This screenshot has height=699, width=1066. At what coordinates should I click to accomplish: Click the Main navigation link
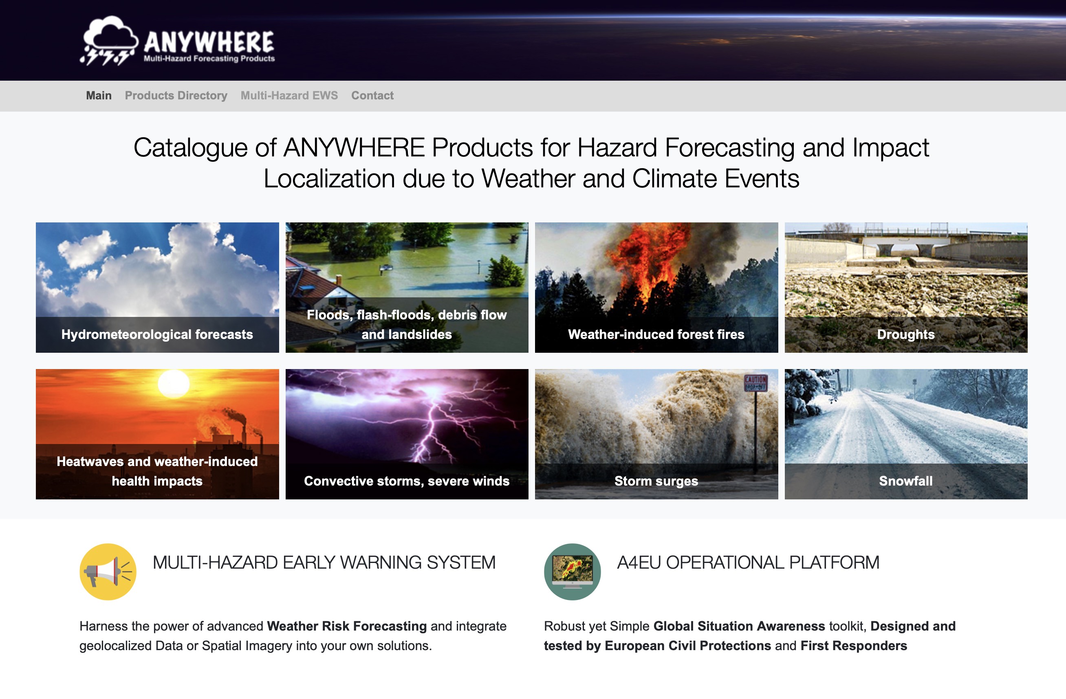pyautogui.click(x=99, y=95)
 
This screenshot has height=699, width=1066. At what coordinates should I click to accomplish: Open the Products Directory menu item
pyautogui.click(x=176, y=95)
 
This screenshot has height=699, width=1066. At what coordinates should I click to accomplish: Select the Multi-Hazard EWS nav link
pyautogui.click(x=289, y=95)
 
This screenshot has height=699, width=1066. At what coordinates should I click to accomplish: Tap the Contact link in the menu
pyautogui.click(x=372, y=95)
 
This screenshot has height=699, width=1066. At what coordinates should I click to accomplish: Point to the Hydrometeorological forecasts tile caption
pyautogui.click(x=157, y=334)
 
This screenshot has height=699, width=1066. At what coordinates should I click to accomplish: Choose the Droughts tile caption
pyautogui.click(x=906, y=334)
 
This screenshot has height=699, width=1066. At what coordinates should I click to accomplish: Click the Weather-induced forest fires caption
pyautogui.click(x=656, y=334)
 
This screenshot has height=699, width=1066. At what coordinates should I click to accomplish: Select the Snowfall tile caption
pyautogui.click(x=906, y=481)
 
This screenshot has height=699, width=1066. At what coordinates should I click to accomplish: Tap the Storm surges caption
pyautogui.click(x=656, y=481)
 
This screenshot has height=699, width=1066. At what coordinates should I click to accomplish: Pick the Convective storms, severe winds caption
pyautogui.click(x=407, y=481)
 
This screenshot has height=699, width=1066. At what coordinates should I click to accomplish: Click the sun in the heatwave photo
pyautogui.click(x=174, y=384)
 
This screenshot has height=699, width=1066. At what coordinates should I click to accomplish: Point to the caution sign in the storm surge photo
pyautogui.click(x=755, y=383)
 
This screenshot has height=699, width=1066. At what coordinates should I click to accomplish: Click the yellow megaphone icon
pyautogui.click(x=108, y=572)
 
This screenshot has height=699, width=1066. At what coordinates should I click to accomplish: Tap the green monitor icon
pyautogui.click(x=573, y=572)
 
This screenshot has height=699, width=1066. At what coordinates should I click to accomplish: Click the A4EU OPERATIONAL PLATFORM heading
pyautogui.click(x=748, y=563)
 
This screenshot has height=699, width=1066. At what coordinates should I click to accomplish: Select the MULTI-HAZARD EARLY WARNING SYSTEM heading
pyautogui.click(x=324, y=563)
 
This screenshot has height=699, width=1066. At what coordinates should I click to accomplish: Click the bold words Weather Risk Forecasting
pyautogui.click(x=347, y=626)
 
